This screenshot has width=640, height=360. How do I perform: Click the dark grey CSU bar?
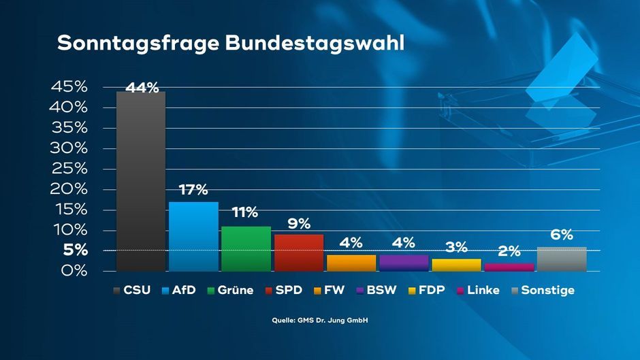[x=141, y=181]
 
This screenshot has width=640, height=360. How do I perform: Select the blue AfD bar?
[x=193, y=236]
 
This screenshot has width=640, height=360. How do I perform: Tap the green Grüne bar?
[x=246, y=248]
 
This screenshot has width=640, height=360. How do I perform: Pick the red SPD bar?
[x=298, y=252]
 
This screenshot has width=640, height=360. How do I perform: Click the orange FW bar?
[x=351, y=263]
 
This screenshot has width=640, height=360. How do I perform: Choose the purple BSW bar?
[x=404, y=263]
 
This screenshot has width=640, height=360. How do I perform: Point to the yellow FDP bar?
[x=456, y=265]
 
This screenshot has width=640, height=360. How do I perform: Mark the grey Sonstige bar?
[x=562, y=259]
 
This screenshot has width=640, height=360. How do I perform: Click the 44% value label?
[x=142, y=87]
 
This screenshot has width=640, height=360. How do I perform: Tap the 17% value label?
[x=193, y=191]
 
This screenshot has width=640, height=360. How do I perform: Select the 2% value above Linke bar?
[x=509, y=252]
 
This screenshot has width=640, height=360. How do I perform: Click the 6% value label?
[x=562, y=235]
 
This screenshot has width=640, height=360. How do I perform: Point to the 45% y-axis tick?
[x=69, y=87]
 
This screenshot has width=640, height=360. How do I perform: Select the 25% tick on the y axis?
[x=69, y=169]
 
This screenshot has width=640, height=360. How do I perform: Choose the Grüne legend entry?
[x=230, y=291]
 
